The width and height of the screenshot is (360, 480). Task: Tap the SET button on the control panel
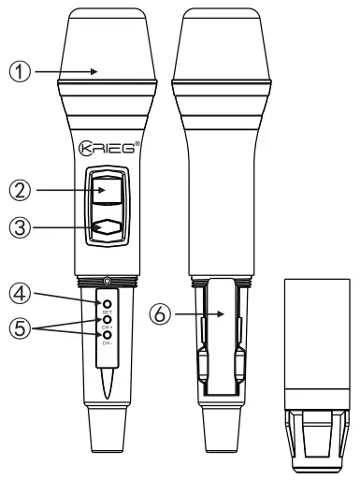point(108,305)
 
